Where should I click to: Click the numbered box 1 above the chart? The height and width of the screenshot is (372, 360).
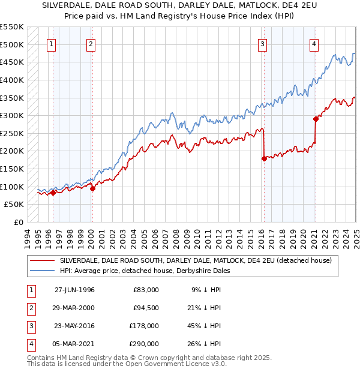point(51,43)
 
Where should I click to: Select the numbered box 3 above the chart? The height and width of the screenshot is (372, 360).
point(263,43)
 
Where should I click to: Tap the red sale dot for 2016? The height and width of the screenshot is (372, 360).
point(264,159)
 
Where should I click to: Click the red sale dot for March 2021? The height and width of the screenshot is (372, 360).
point(316,119)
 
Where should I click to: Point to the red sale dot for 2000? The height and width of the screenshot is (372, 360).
point(93,188)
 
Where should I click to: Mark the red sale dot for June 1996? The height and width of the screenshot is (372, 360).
point(53,193)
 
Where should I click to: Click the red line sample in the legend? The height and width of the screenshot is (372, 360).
point(41,260)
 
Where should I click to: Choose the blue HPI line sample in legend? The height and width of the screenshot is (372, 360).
point(41,271)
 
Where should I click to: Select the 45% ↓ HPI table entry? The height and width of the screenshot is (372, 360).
point(205,327)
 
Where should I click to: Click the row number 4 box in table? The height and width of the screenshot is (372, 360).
point(31,344)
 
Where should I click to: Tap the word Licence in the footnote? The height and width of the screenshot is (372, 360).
point(198,364)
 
